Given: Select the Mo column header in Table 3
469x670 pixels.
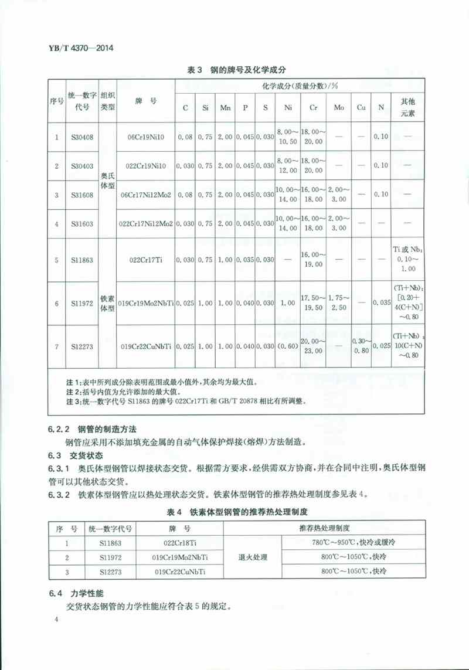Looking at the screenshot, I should click(x=339, y=108).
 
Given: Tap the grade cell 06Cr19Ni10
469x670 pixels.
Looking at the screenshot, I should click(x=146, y=137).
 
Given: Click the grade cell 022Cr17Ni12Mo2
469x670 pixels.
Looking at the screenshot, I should click(x=146, y=223).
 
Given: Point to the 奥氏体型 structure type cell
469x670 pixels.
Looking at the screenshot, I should click(x=108, y=181).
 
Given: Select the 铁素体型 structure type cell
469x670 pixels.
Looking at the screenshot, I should click(x=108, y=304).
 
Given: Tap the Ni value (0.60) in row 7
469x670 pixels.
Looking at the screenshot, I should click(x=288, y=346).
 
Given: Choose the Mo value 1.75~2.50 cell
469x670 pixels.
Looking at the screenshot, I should click(x=339, y=304).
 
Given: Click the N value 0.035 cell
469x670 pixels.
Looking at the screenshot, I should click(x=381, y=304).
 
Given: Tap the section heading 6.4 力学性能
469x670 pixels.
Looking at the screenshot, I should click(x=71, y=594).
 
